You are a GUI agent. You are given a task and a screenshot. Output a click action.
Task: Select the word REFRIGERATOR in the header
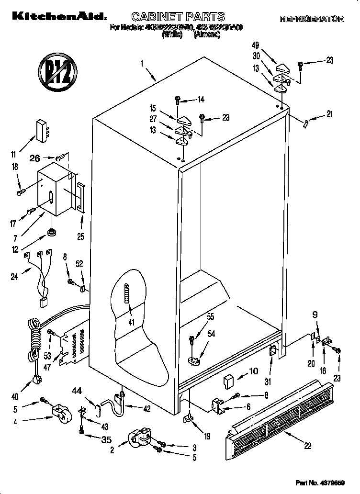[x=311, y=19]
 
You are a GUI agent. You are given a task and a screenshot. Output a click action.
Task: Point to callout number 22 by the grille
[x=308, y=446]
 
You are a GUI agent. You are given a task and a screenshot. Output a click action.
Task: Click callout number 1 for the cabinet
[x=142, y=63]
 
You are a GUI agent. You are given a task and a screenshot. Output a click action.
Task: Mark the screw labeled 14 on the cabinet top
[x=178, y=101]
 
